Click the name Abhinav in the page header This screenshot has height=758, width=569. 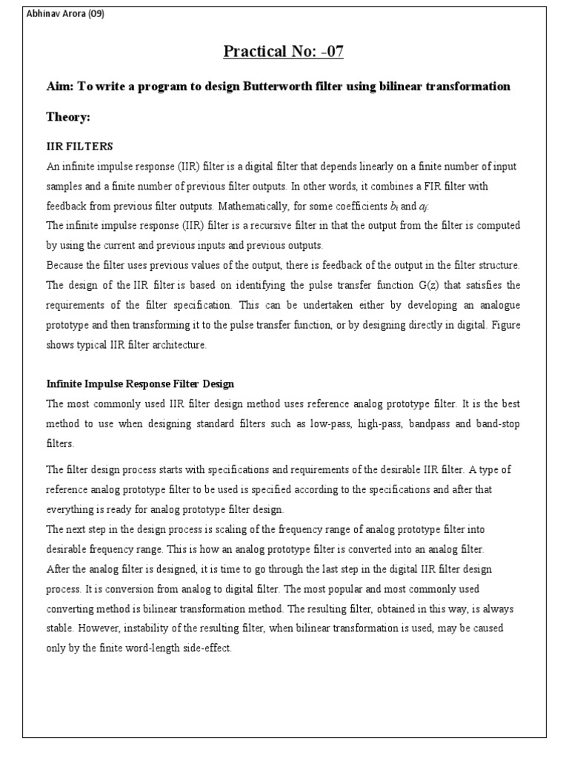tap(43, 14)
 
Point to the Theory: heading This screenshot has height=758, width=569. tap(68, 117)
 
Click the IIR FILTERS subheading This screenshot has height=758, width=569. tap(79, 147)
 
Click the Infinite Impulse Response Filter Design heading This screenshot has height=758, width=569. tap(140, 383)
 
